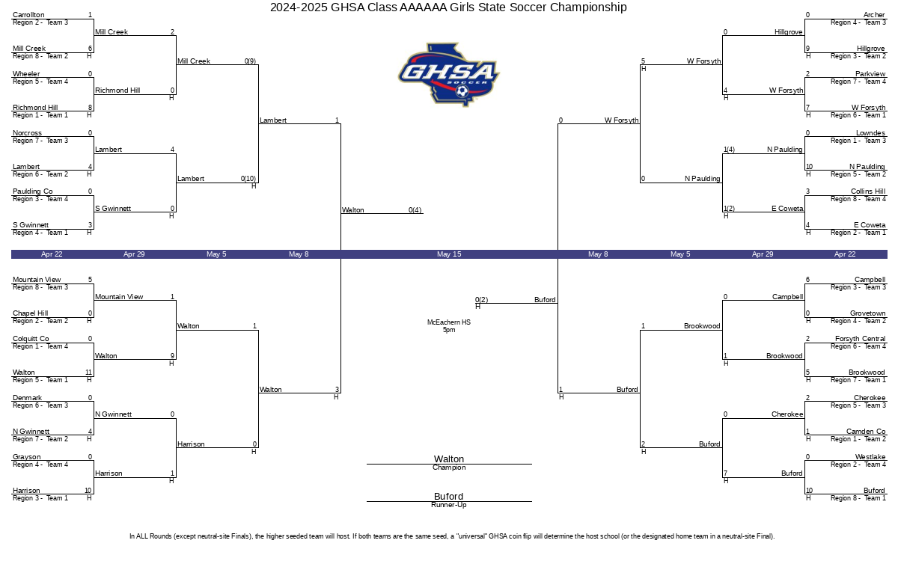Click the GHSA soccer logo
click(448, 74)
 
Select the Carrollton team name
click(28, 15)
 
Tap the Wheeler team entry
click(26, 74)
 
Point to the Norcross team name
click(27, 133)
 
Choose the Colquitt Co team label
click(31, 339)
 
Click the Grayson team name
click(26, 457)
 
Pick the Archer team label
click(874, 15)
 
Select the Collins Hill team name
click(868, 191)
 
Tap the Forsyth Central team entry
click(861, 339)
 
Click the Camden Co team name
click(866, 432)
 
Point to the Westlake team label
click(870, 457)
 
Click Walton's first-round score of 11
click(88, 373)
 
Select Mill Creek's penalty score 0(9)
click(250, 61)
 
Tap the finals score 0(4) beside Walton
click(415, 210)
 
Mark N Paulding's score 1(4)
click(729, 150)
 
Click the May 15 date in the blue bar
click(449, 254)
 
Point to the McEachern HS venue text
click(449, 322)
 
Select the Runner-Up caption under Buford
click(449, 505)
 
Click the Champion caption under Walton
click(449, 467)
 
